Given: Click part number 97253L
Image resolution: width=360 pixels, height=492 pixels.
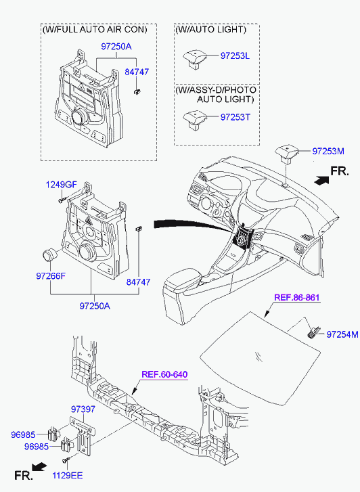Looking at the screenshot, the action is pyautogui.click(x=235, y=56).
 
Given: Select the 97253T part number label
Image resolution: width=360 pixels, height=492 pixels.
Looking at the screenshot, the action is pyautogui.click(x=235, y=117).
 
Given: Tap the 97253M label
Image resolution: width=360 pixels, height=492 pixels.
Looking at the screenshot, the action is pyautogui.click(x=328, y=151).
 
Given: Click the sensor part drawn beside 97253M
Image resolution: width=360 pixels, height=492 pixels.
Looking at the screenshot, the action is pyautogui.click(x=286, y=154).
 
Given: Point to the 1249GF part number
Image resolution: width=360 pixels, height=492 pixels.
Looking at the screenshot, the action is pyautogui.click(x=61, y=185).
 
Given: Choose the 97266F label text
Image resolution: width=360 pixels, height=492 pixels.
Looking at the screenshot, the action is pyautogui.click(x=51, y=276).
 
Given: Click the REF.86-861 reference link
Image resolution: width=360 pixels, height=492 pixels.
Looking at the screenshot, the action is pyautogui.click(x=296, y=298).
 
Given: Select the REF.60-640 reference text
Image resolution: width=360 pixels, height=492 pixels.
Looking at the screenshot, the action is pyautogui.click(x=164, y=374).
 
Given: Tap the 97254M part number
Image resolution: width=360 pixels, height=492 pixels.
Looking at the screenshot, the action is pyautogui.click(x=342, y=334).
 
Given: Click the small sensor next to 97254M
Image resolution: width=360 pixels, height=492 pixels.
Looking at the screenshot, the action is pyautogui.click(x=314, y=332).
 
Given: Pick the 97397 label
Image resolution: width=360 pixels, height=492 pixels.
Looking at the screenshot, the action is pyautogui.click(x=83, y=409).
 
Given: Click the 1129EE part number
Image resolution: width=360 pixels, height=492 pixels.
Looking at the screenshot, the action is pyautogui.click(x=67, y=475).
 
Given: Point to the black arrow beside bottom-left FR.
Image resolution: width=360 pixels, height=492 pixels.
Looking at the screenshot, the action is pyautogui.click(x=39, y=467).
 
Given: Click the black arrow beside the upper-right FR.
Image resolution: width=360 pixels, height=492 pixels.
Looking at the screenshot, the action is pyautogui.click(x=321, y=181).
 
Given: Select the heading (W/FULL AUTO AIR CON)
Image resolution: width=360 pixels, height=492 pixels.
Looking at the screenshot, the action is pyautogui.click(x=95, y=30).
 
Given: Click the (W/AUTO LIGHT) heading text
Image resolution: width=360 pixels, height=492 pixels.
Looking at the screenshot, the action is pyautogui.click(x=211, y=30).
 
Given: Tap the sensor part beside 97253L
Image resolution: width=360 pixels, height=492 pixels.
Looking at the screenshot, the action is pyautogui.click(x=195, y=60).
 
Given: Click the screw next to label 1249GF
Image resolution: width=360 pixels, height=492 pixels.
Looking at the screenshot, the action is pyautogui.click(x=62, y=200).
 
